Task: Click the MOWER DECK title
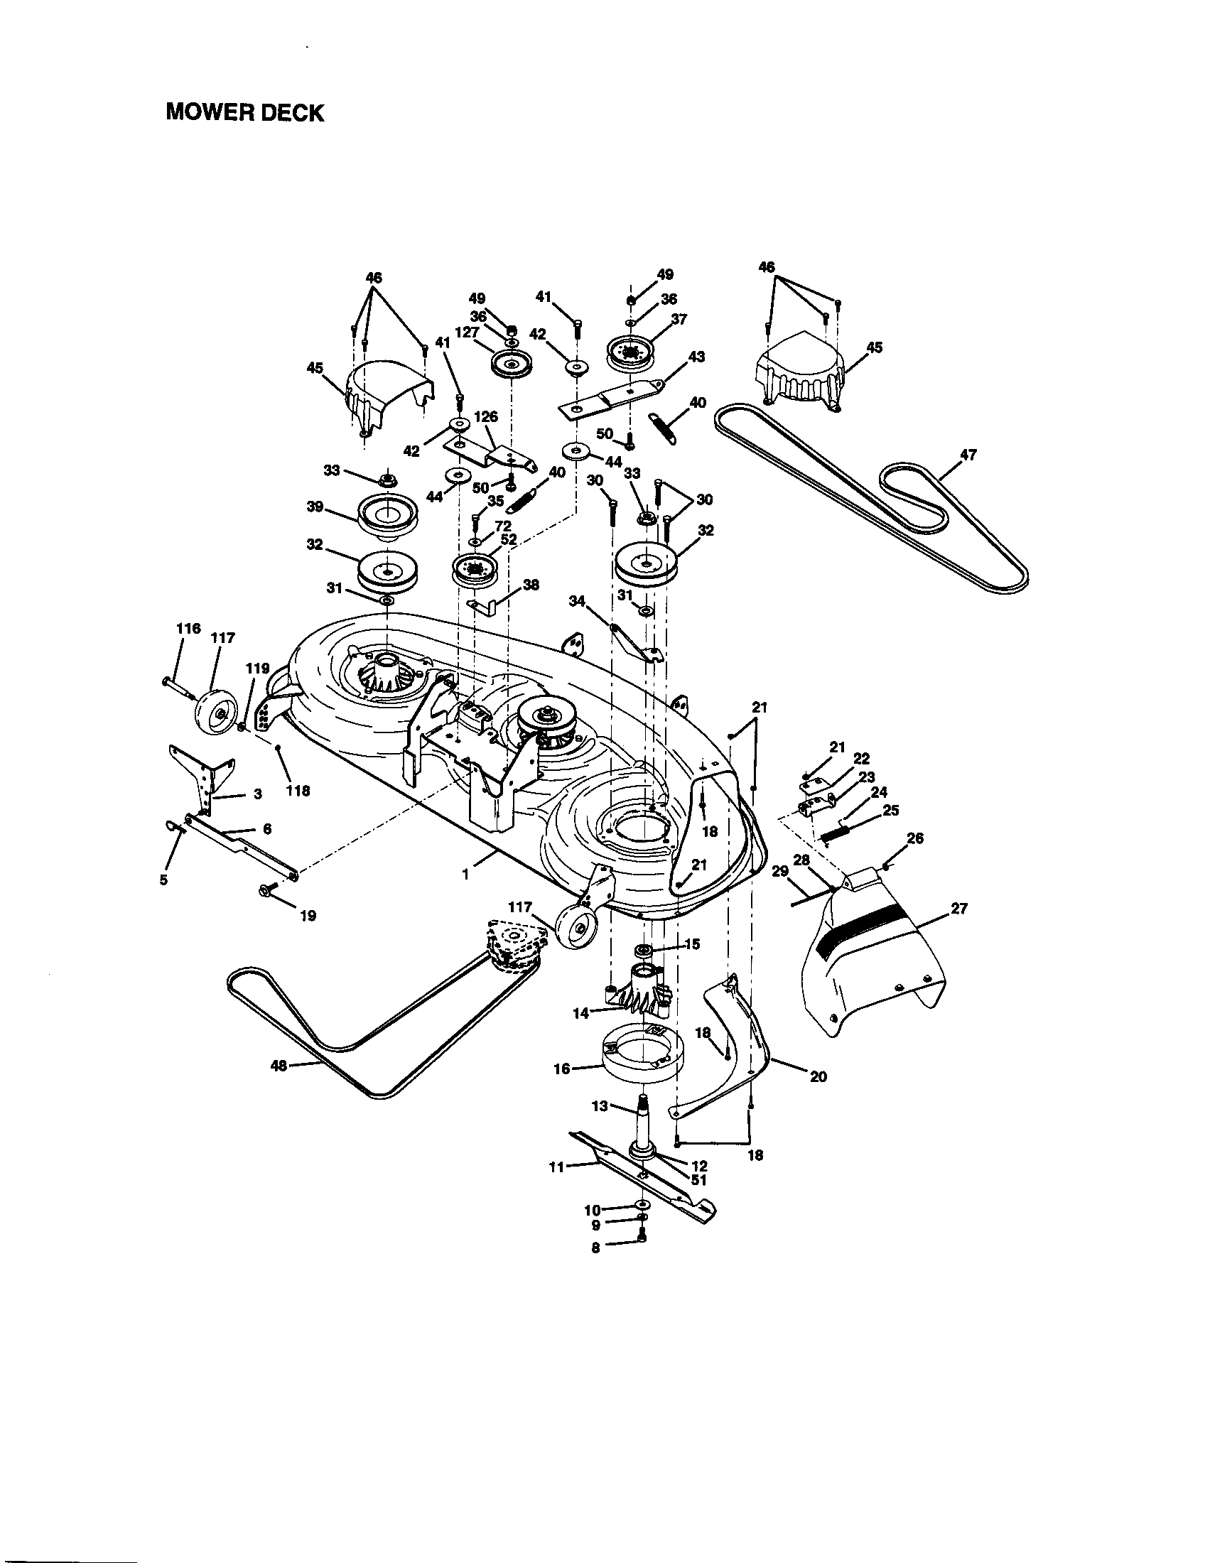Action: [244, 112]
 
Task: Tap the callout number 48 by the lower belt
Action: [279, 1086]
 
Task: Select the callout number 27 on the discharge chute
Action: [959, 908]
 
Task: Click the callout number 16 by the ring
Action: [562, 1069]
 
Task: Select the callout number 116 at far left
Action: [189, 628]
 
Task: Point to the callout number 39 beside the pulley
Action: [315, 507]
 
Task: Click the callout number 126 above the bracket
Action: [486, 416]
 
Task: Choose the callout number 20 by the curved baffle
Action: [818, 1096]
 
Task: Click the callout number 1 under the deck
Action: [466, 874]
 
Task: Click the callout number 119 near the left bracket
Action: [257, 669]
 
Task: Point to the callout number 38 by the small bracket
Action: [530, 584]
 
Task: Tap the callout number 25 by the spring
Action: [891, 810]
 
